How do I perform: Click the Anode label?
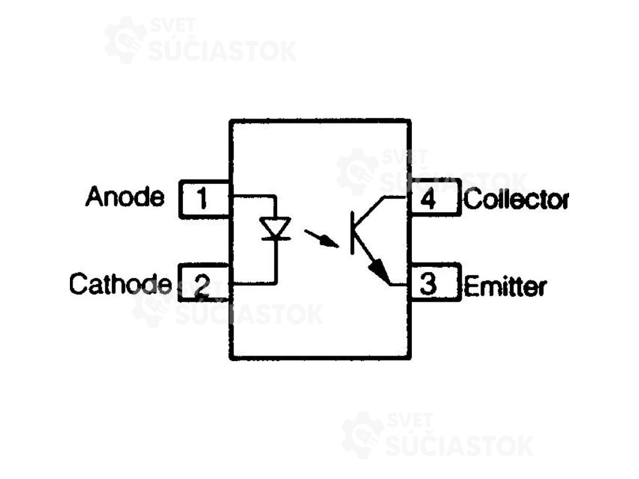[125, 197]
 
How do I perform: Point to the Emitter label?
[505, 286]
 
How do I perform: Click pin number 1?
[202, 199]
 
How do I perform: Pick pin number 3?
[428, 285]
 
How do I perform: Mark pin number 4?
[428, 200]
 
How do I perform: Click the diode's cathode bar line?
[275, 239]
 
